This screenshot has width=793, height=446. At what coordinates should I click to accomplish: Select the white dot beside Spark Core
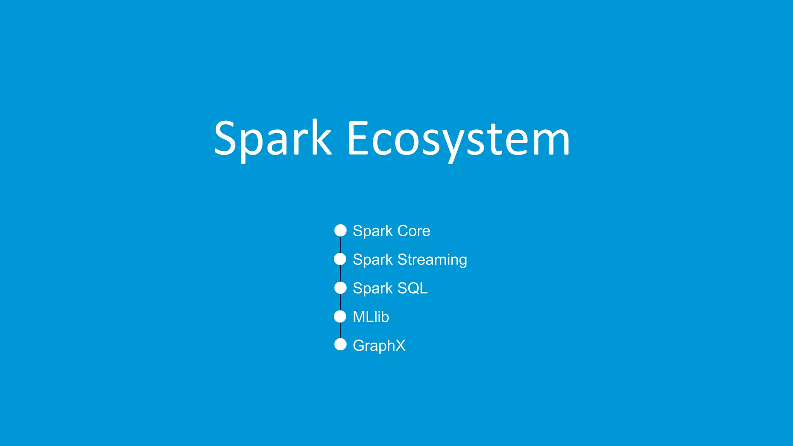coord(340,230)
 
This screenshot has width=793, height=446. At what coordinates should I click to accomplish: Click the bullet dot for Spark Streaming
coord(340,259)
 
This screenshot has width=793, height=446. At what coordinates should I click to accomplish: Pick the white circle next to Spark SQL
coord(340,288)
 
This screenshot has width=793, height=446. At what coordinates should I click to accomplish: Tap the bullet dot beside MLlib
coord(340,316)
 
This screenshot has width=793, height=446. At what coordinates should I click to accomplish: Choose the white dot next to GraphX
coord(340,344)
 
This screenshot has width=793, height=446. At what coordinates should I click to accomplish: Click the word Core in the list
coord(414,231)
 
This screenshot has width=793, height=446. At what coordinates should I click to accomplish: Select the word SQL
coord(412,288)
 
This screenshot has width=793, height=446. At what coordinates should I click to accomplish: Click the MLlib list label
coord(371,317)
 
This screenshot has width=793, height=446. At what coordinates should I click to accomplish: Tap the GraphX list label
coord(379,346)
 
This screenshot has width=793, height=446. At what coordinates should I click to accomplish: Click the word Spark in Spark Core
coord(372,231)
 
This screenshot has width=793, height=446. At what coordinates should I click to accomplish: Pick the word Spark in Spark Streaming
coord(372,260)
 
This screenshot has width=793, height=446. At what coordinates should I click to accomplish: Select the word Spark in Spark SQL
coord(372,288)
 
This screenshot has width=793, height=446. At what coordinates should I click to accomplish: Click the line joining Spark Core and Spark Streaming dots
coord(340,245)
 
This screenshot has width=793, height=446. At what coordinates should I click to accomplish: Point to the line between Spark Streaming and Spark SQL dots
coord(340,273)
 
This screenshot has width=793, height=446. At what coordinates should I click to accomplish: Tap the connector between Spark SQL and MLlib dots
coord(340,302)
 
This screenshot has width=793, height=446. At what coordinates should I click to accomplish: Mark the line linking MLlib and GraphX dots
coord(340,330)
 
